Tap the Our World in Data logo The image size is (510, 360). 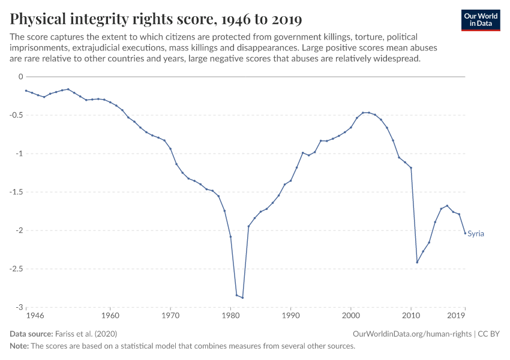pos(480,20)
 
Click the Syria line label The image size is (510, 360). pos(475,234)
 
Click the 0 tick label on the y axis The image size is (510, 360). pos(20,77)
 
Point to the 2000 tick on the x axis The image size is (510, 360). pos(350,315)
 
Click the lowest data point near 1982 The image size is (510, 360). pos(242,298)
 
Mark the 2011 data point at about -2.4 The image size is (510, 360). pos(417,262)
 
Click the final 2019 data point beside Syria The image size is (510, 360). pos(465,233)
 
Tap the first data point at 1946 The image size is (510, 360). pos(26,91)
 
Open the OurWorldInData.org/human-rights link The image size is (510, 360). pos(413,334)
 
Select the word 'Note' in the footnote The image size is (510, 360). pos(19,346)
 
